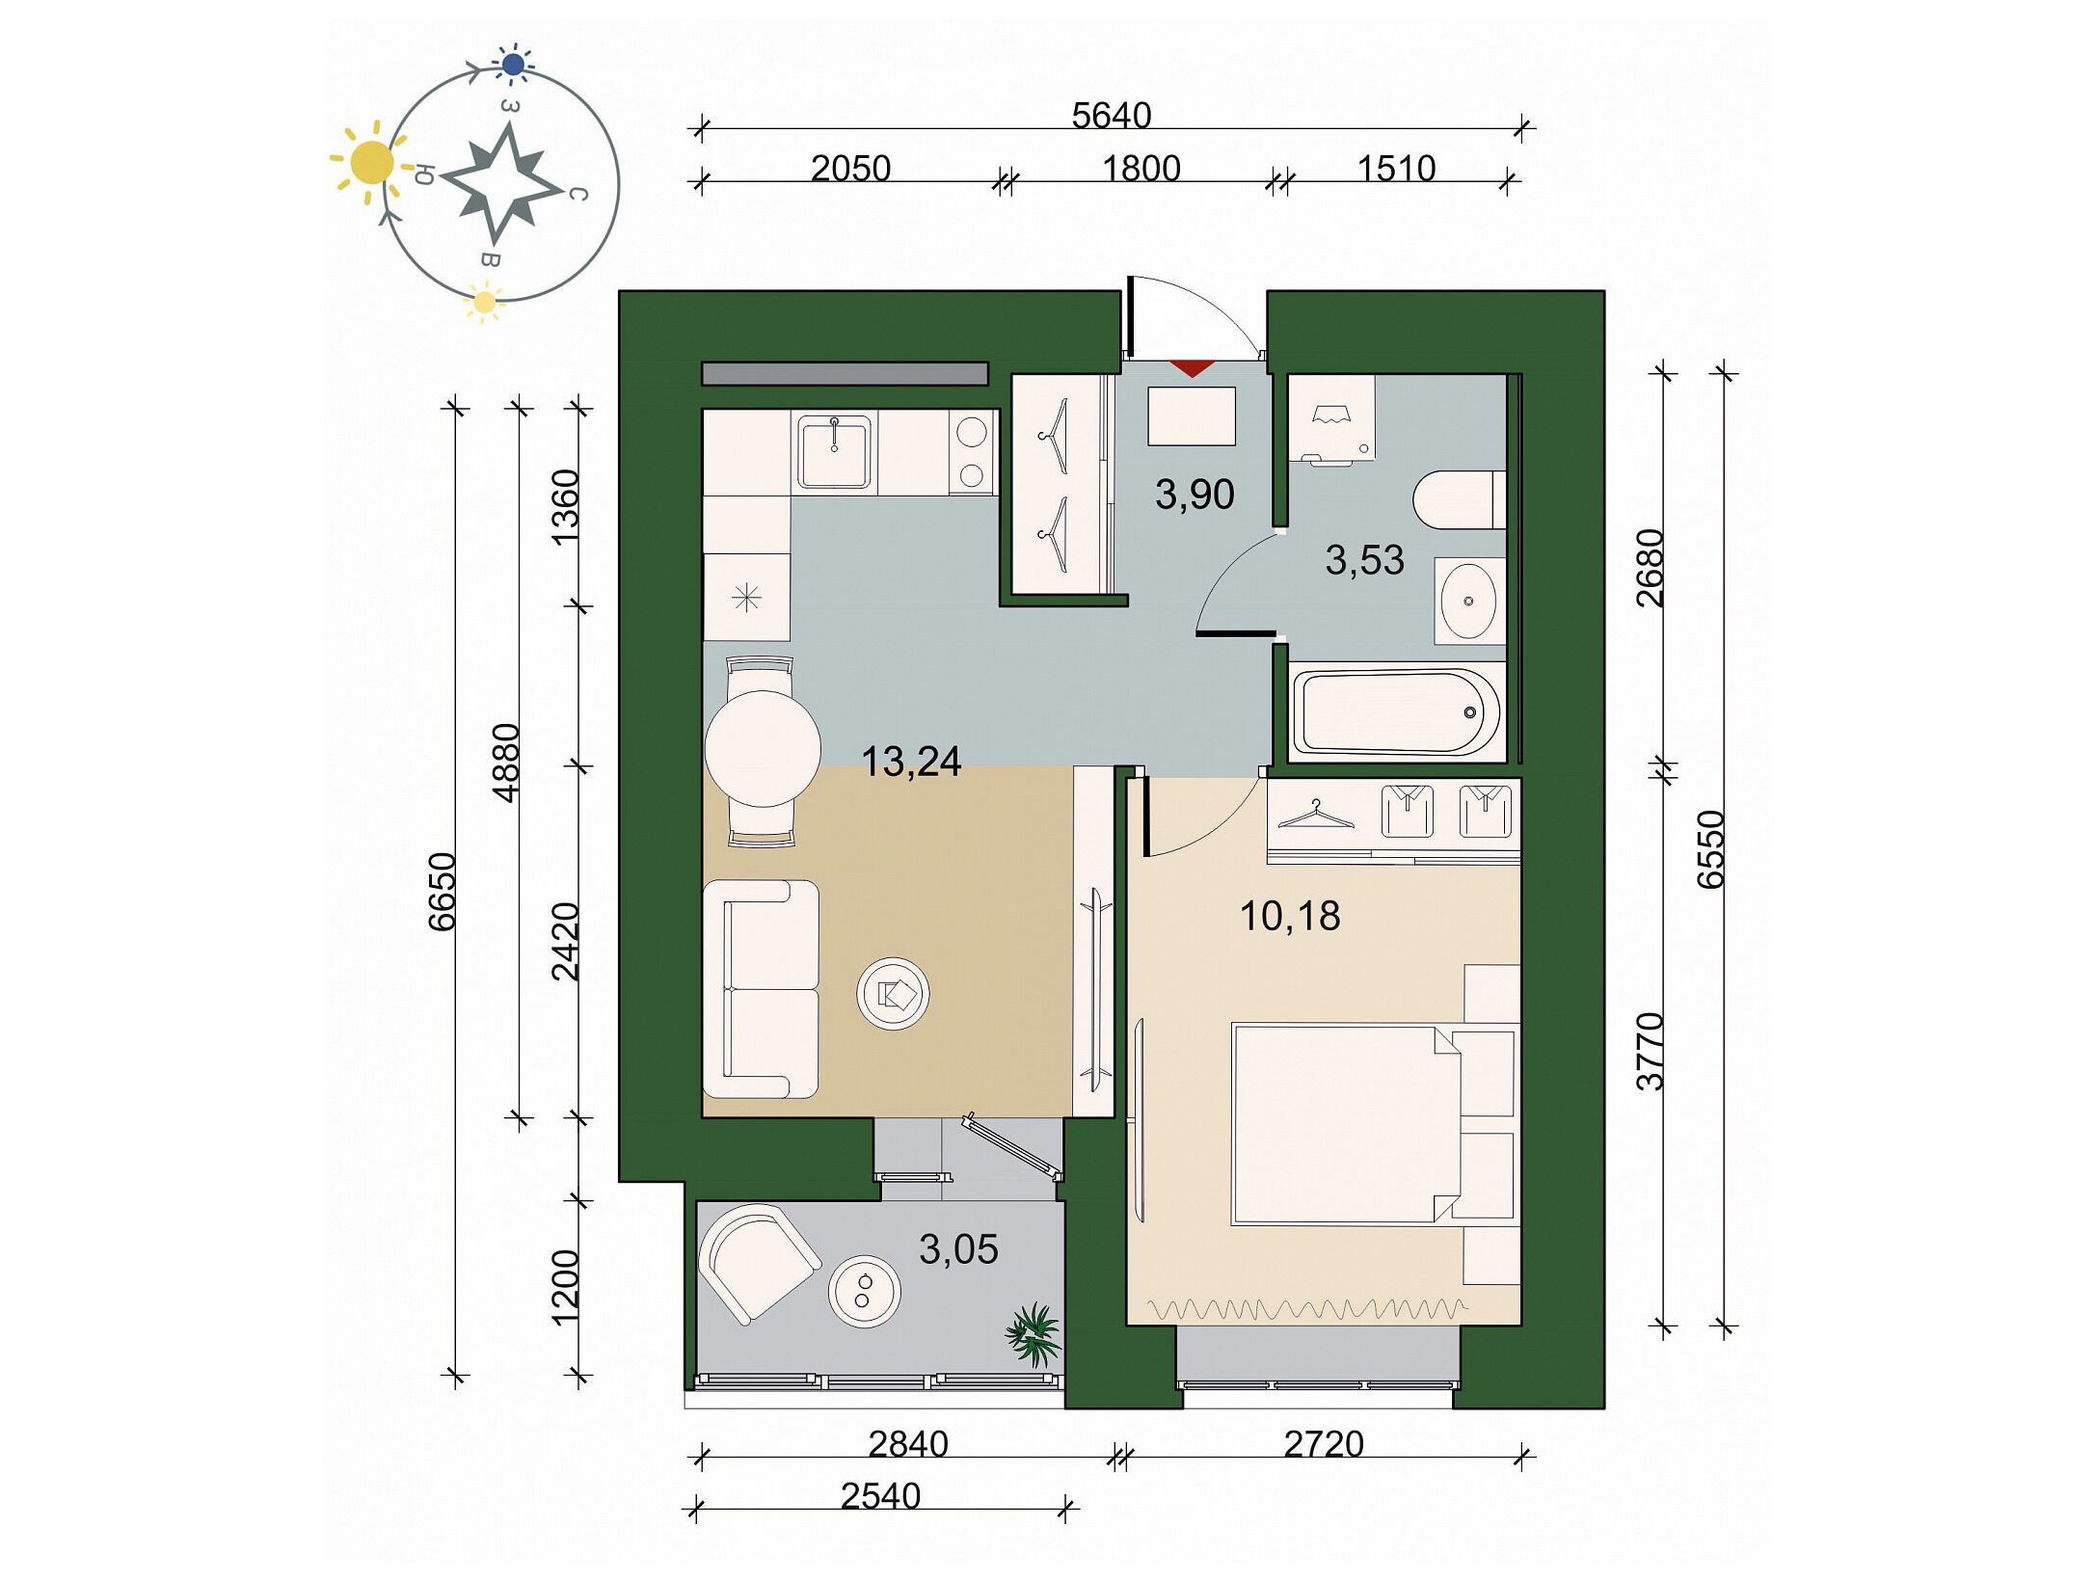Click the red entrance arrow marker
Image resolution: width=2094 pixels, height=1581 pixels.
[x=1192, y=367]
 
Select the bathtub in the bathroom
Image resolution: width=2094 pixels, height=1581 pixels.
[x=1395, y=712]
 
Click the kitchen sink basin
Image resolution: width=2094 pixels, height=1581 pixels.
[x=834, y=451]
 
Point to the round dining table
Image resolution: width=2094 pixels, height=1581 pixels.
[x=763, y=748]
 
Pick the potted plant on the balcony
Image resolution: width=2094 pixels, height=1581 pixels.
[x=1034, y=1334]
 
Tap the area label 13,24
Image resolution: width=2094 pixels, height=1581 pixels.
[x=911, y=762]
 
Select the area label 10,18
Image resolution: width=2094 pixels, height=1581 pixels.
[x=1290, y=916]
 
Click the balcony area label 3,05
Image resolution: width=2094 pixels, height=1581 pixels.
[x=958, y=1249]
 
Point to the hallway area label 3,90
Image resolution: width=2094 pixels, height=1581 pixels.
[x=1195, y=495]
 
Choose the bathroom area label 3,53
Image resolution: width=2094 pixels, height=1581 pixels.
[x=1364, y=560]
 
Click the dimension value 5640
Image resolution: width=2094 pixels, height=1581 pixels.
[x=1112, y=116]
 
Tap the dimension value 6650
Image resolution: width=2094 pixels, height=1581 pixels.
[x=443, y=892]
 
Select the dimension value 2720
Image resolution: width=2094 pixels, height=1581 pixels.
[x=1324, y=1444]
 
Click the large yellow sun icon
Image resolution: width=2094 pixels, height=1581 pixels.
[x=371, y=163]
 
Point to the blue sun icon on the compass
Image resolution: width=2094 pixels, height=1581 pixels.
[x=514, y=65]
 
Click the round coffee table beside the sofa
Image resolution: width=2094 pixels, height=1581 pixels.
[x=893, y=993]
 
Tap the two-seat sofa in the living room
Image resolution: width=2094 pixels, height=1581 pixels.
[x=761, y=989]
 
